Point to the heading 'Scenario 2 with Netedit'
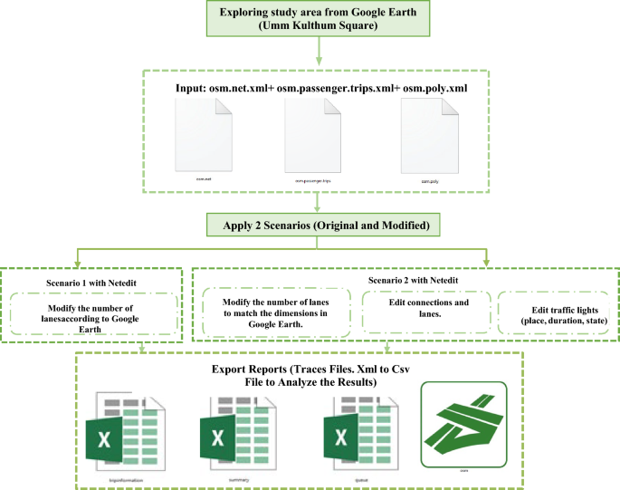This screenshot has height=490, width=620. pyautogui.click(x=407, y=280)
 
